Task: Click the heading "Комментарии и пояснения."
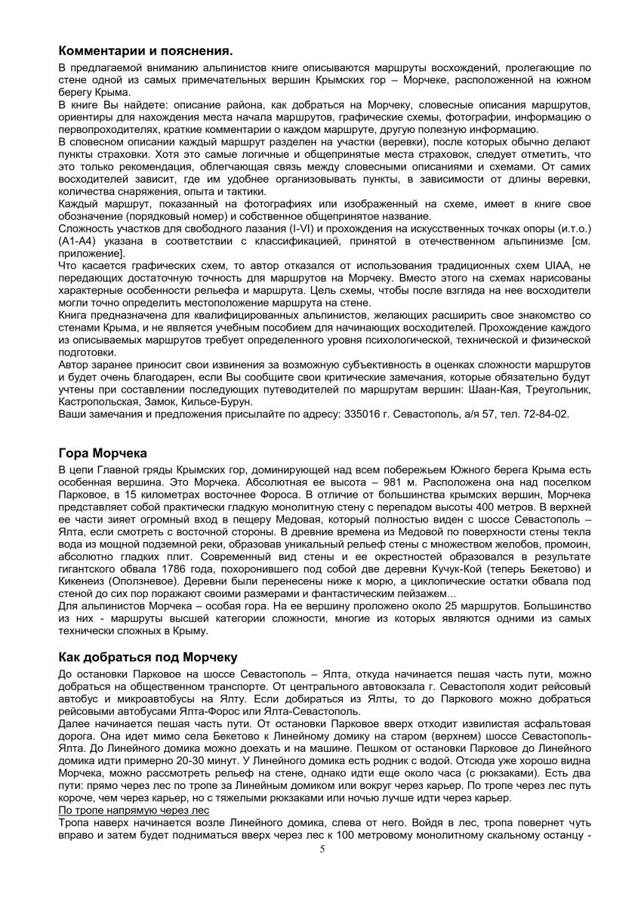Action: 145,51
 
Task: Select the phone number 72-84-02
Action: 544,414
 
